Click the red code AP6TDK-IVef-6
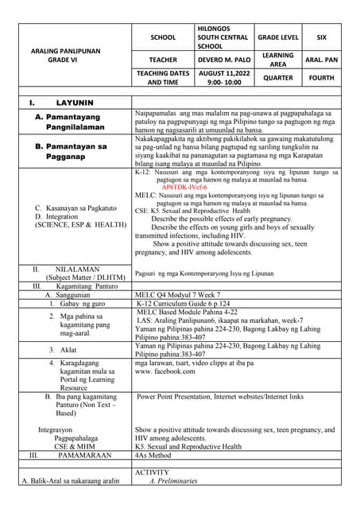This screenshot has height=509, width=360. [184, 188]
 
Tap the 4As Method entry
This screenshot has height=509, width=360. [158, 456]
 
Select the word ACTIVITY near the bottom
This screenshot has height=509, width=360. [152, 472]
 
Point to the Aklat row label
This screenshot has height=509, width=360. [68, 350]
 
